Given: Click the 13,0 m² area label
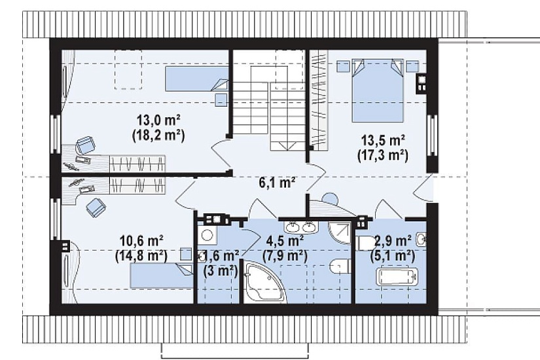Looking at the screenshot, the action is [159, 121].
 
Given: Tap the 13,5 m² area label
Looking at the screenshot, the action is [383, 141].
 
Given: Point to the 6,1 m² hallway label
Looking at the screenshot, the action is [277, 183].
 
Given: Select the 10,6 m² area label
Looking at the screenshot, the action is [141, 240].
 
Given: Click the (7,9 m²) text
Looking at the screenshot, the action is [285, 256].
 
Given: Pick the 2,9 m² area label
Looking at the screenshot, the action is [393, 240].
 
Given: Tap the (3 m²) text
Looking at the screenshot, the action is [221, 271].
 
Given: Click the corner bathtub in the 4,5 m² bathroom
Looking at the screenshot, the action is [264, 283].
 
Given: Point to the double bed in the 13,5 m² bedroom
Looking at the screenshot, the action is [377, 90].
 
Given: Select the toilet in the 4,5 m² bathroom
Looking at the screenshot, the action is [340, 266].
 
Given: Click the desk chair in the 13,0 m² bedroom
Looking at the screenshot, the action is [86, 145].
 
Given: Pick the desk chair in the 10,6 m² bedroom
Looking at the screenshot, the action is [96, 207].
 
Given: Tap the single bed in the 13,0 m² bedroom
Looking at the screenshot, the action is [196, 79].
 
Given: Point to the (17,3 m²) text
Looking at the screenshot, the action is [383, 155].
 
